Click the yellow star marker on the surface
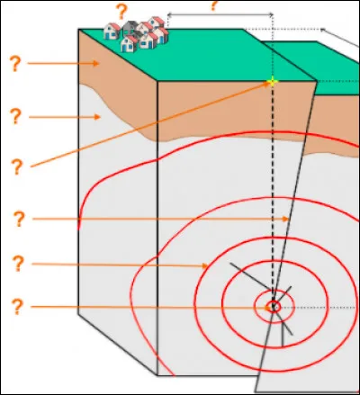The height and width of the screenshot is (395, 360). tap(272, 82)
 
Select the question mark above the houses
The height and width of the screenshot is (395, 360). tap(121, 13)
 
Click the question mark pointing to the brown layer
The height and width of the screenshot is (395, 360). tap(15, 64)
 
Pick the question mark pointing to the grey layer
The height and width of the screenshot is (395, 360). tap(16, 117)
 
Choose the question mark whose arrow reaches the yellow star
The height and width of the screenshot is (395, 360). tap(17, 167)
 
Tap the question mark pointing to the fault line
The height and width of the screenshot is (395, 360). tap(19, 219)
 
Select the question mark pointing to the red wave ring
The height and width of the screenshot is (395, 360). tap(18, 264)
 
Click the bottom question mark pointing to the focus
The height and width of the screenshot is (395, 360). tap(17, 307)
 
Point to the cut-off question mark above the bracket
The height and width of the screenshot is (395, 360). tap(213, 5)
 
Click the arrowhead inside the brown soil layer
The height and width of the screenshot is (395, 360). tap(95, 63)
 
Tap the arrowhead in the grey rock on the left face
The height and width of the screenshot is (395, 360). tap(97, 117)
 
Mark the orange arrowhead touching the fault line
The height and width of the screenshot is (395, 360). tap(285, 219)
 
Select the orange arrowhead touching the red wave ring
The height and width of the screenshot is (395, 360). tap(205, 265)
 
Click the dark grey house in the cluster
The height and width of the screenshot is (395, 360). tap(130, 28)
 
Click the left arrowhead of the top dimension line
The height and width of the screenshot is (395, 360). tap(169, 14)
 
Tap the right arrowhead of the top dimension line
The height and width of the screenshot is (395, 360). tap(271, 14)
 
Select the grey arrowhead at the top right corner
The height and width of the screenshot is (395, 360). tap(323, 30)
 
